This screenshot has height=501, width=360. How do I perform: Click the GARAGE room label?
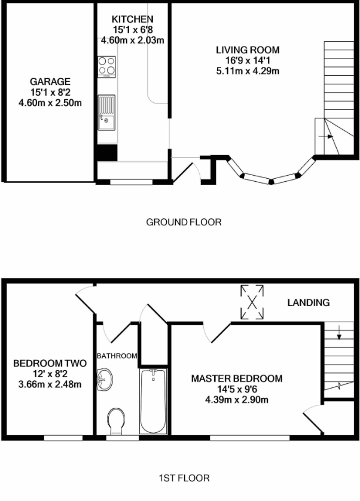(51, 82)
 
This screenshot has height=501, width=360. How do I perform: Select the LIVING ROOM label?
(248, 50)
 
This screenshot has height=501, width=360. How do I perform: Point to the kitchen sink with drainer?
(107, 112)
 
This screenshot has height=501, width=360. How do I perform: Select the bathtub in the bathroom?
(154, 401)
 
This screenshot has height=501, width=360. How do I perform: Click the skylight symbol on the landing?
(252, 303)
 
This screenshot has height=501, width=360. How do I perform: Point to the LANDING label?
(308, 303)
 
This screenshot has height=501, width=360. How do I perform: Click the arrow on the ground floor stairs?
(326, 137)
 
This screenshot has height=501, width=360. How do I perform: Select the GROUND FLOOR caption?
(184, 222)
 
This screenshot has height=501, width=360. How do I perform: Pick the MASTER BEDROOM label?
(236, 379)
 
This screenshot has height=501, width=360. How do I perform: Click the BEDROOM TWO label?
(50, 363)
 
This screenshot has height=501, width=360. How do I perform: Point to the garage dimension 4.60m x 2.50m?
(51, 102)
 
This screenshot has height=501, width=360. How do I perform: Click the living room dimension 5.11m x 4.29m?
(248, 71)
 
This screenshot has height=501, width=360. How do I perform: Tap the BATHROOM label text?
(117, 356)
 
